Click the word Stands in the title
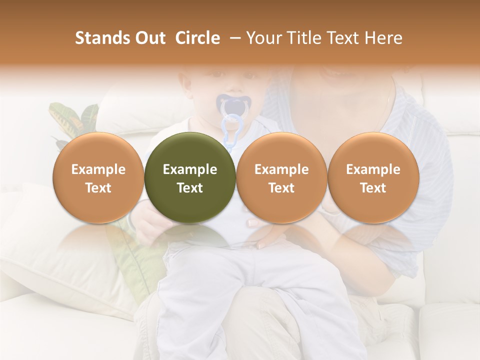click(99, 38)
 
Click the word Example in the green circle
click(190, 169)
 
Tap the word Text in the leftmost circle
click(98, 188)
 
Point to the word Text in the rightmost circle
click(373, 188)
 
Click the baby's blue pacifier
click(231, 106)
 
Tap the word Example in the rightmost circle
click(373, 169)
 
